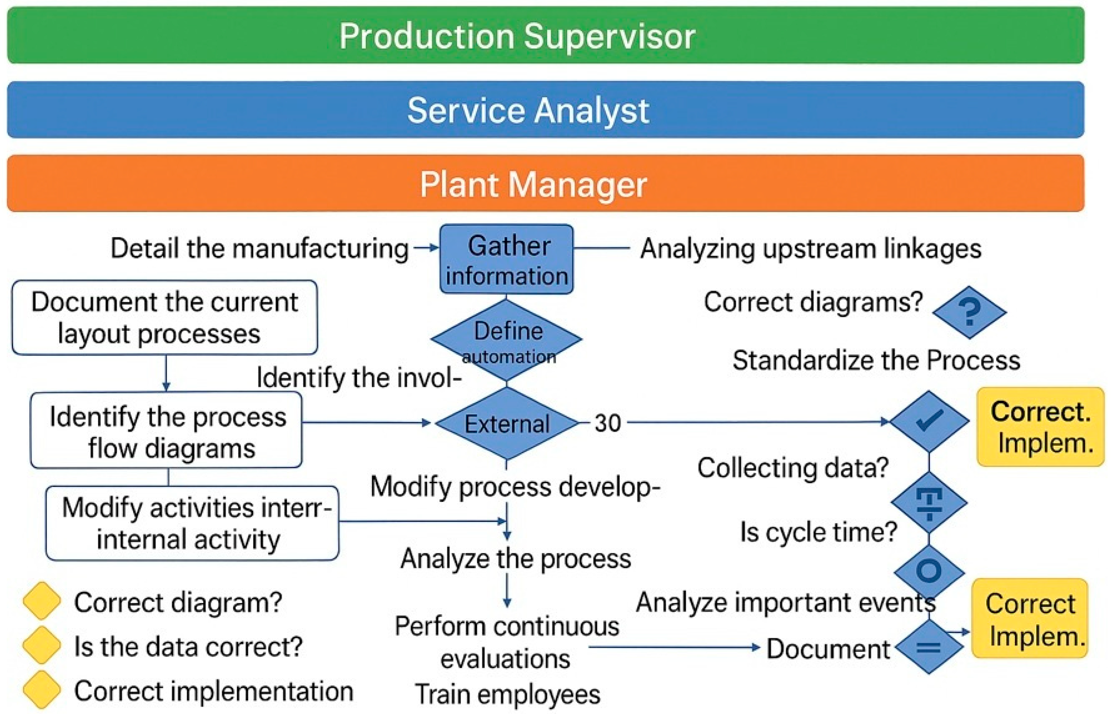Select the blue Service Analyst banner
(545, 110)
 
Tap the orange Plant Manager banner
(545, 183)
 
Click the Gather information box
(506, 259)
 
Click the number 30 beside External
(607, 423)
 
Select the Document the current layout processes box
(165, 317)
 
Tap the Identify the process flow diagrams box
(166, 430)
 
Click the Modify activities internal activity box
(192, 523)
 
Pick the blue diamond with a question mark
(969, 312)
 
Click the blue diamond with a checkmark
(929, 421)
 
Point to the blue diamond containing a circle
(929, 571)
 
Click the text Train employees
(507, 694)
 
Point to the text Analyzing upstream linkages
(810, 249)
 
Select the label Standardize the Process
(876, 360)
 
